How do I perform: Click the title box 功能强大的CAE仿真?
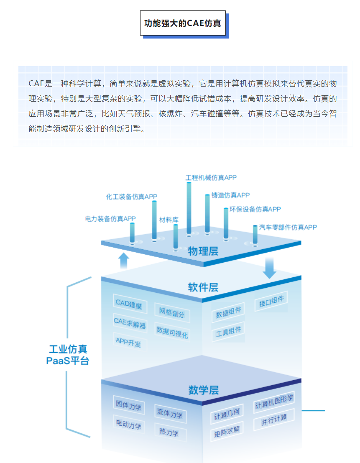[183, 23]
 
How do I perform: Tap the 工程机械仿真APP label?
[211, 178]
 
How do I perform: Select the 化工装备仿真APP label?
[132, 197]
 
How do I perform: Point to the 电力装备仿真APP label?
[110, 219]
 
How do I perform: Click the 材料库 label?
[169, 220]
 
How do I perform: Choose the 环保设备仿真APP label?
[255, 209]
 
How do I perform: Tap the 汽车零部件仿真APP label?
[288, 228]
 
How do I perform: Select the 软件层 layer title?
[203, 287]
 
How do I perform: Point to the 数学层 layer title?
[203, 391]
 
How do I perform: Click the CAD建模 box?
[130, 304]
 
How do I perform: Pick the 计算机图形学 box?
[274, 402]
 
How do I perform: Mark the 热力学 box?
[169, 432]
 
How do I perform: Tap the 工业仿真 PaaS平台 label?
[68, 355]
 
